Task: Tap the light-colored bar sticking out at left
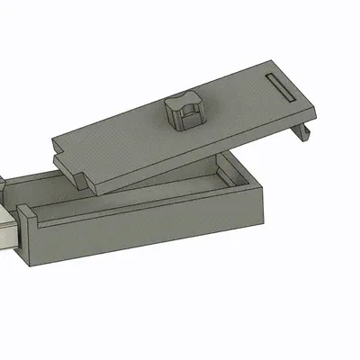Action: click(x=9, y=229)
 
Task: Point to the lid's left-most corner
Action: click(x=52, y=140)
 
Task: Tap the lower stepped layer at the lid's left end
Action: click(x=72, y=166)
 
